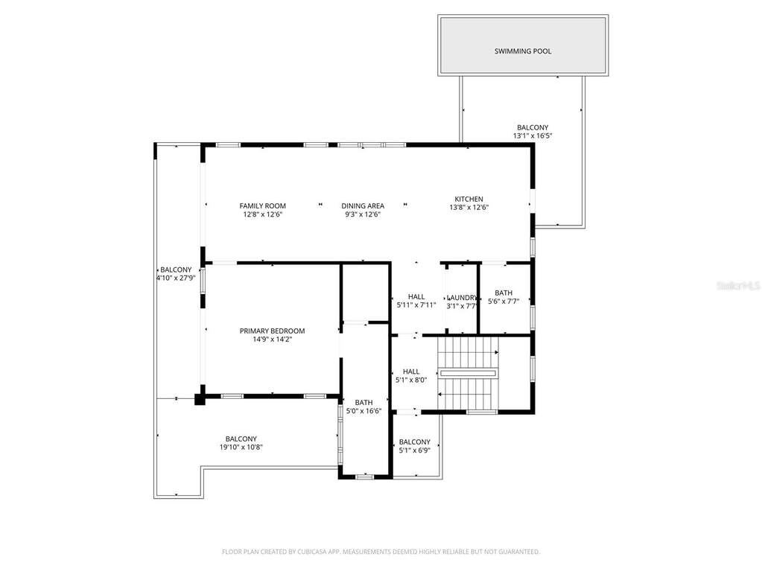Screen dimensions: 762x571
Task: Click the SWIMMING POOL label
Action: click(523, 51)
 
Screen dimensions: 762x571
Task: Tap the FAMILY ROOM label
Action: click(262, 206)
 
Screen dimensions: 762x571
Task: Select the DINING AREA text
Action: click(363, 206)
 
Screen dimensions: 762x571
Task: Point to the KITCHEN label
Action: click(469, 199)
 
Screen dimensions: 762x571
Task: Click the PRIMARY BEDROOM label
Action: click(272, 331)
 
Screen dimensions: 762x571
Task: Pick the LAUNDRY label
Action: click(462, 298)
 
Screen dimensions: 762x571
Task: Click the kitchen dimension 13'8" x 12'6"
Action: click(469, 207)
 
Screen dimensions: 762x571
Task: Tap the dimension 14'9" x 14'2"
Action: click(272, 339)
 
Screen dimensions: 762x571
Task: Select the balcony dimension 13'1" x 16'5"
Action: click(533, 136)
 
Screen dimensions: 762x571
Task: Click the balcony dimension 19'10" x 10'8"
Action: click(241, 447)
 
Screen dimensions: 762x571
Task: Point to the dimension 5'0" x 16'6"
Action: click(363, 411)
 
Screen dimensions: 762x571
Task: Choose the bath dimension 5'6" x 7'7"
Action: click(504, 302)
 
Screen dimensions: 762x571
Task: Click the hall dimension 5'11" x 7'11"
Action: click(416, 305)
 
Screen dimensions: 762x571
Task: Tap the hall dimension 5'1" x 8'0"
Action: click(411, 380)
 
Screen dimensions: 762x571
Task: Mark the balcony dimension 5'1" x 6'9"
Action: click(415, 450)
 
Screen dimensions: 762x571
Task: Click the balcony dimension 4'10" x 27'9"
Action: click(176, 278)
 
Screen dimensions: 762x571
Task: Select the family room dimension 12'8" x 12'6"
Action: click(262, 214)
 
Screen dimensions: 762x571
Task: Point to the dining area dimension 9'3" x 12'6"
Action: click(363, 214)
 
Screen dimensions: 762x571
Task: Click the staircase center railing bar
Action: click(468, 374)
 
